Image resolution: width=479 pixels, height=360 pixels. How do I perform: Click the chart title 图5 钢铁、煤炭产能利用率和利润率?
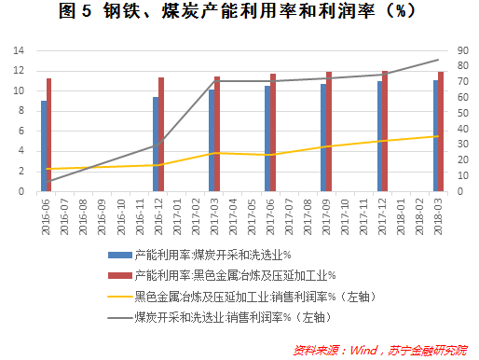coord(239,13)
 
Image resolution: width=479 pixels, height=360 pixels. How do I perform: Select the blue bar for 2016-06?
coord(43,146)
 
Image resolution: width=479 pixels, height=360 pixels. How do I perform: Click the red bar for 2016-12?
coord(161,134)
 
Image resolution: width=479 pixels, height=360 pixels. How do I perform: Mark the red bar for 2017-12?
coord(385,132)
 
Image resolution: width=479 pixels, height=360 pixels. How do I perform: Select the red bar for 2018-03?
coord(441,132)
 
